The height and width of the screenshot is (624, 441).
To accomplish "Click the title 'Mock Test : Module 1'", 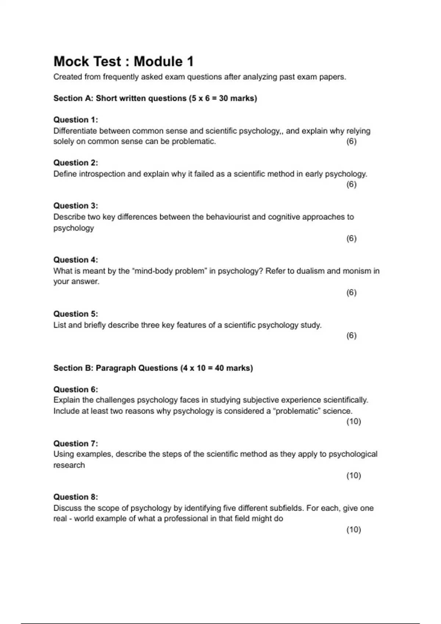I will (123, 61).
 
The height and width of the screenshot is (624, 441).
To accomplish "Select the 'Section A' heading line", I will (155, 98).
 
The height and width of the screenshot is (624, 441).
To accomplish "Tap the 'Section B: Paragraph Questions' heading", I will (153, 368).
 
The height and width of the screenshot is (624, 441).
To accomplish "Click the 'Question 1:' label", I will (76, 120).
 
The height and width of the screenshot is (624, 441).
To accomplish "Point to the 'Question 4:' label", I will (76, 260).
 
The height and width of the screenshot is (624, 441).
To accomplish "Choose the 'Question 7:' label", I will (76, 443).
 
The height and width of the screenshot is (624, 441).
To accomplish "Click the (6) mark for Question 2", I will (351, 184).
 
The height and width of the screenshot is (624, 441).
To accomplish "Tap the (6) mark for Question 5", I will (351, 335).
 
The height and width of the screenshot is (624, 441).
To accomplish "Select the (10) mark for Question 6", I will (354, 421).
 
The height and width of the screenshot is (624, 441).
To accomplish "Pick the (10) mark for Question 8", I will (354, 529).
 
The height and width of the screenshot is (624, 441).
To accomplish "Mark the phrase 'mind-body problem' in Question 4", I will (169, 271).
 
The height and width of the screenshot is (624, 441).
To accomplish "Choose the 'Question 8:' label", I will (76, 497).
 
